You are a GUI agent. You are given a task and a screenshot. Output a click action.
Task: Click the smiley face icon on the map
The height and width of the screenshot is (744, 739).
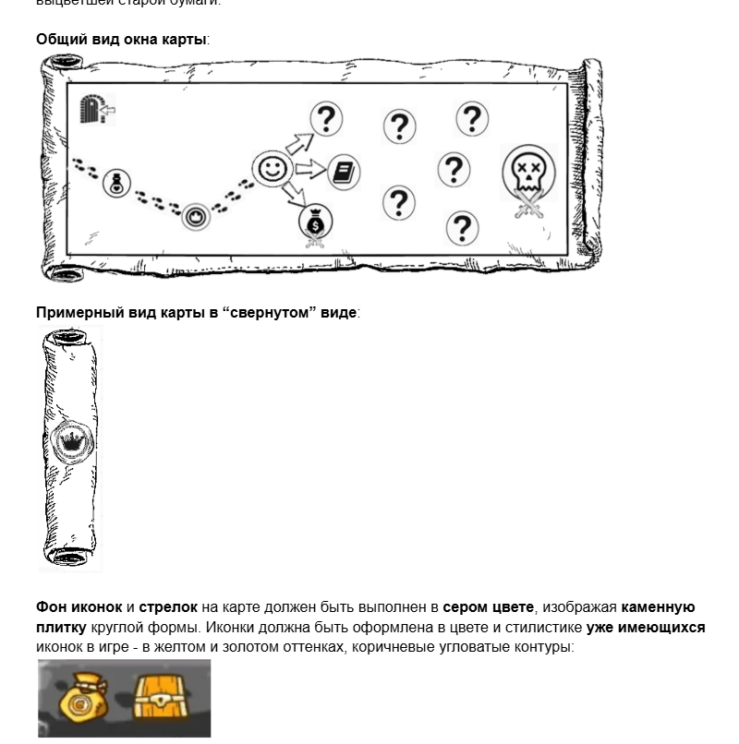click(273, 168)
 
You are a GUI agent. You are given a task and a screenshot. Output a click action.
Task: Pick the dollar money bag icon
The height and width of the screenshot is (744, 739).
click(315, 222)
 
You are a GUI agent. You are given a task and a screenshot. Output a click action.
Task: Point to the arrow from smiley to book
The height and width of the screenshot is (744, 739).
click(311, 169)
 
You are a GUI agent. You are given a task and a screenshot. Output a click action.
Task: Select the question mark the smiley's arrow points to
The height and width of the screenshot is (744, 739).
click(325, 118)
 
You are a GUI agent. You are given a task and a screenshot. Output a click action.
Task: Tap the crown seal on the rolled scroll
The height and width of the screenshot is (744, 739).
click(70, 442)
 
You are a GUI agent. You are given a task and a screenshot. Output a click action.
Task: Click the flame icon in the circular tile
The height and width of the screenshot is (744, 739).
click(195, 217)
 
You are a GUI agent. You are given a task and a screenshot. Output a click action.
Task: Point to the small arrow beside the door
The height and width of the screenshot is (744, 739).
click(110, 113)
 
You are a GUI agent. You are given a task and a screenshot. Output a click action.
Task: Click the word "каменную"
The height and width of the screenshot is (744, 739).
click(658, 607)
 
